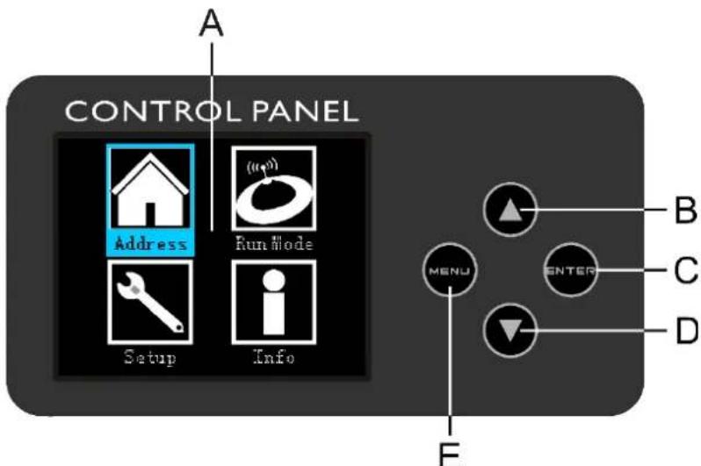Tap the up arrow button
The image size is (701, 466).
pos(510,209)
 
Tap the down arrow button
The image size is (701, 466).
pos(510,331)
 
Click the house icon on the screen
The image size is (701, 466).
pos(150,189)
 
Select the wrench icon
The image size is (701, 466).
pos(150,302)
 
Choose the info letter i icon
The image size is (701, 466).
pos(273,302)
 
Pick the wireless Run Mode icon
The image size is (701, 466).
pos(273,188)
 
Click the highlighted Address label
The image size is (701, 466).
pos(151,244)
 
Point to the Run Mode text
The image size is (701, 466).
pos(274,243)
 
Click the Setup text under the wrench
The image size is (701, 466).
pos(150,358)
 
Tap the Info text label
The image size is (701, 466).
pos(273,356)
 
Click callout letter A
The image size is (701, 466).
pos(212,24)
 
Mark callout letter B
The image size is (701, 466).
pos(685,210)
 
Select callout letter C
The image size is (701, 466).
pos(685,270)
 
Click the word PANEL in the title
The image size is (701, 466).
pos(306,111)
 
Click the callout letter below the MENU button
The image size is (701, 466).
pos(450,455)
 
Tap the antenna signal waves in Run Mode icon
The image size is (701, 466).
pos(263,167)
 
